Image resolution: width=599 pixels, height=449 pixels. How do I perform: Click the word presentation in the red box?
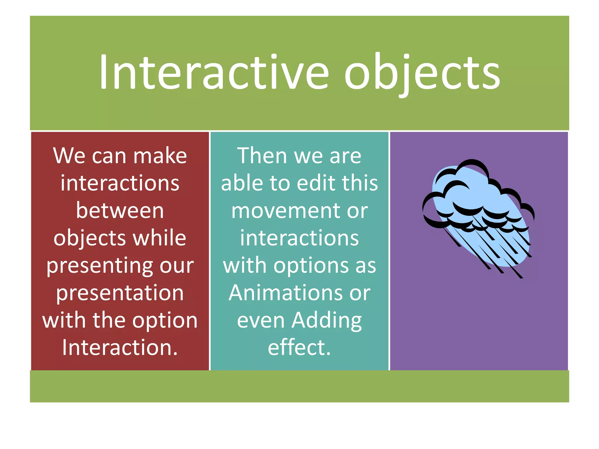tap(120, 293)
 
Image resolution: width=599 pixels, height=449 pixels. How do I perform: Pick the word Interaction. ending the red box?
tap(120, 348)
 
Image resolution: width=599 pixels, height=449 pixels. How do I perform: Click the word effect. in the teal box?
tap(299, 348)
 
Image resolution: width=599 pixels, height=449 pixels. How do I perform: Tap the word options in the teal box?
tap(311, 266)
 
